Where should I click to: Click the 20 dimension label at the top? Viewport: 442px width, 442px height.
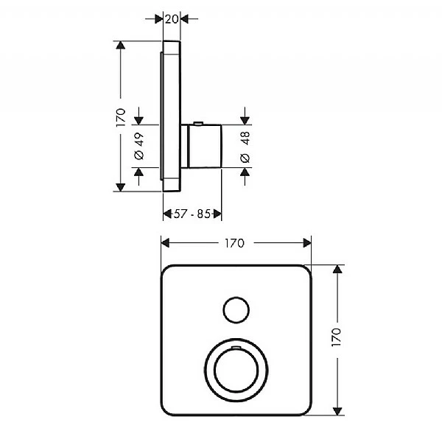click(x=172, y=19)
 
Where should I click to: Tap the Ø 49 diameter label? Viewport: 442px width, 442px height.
click(x=138, y=146)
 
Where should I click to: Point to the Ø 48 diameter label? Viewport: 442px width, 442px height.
click(x=245, y=147)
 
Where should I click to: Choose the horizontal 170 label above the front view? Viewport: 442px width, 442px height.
click(x=236, y=242)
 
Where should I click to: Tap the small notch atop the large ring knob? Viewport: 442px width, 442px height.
click(x=235, y=345)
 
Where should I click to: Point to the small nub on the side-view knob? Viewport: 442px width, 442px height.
click(x=196, y=122)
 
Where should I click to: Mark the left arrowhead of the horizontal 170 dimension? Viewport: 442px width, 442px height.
click(x=165, y=242)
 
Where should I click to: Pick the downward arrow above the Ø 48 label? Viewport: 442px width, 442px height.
click(x=245, y=119)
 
